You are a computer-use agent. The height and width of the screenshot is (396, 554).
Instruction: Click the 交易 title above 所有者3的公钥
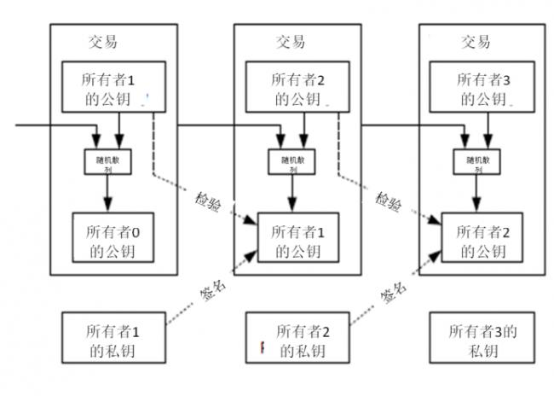click(x=476, y=41)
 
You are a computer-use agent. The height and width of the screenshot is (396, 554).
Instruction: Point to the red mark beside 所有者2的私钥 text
click(x=263, y=348)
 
